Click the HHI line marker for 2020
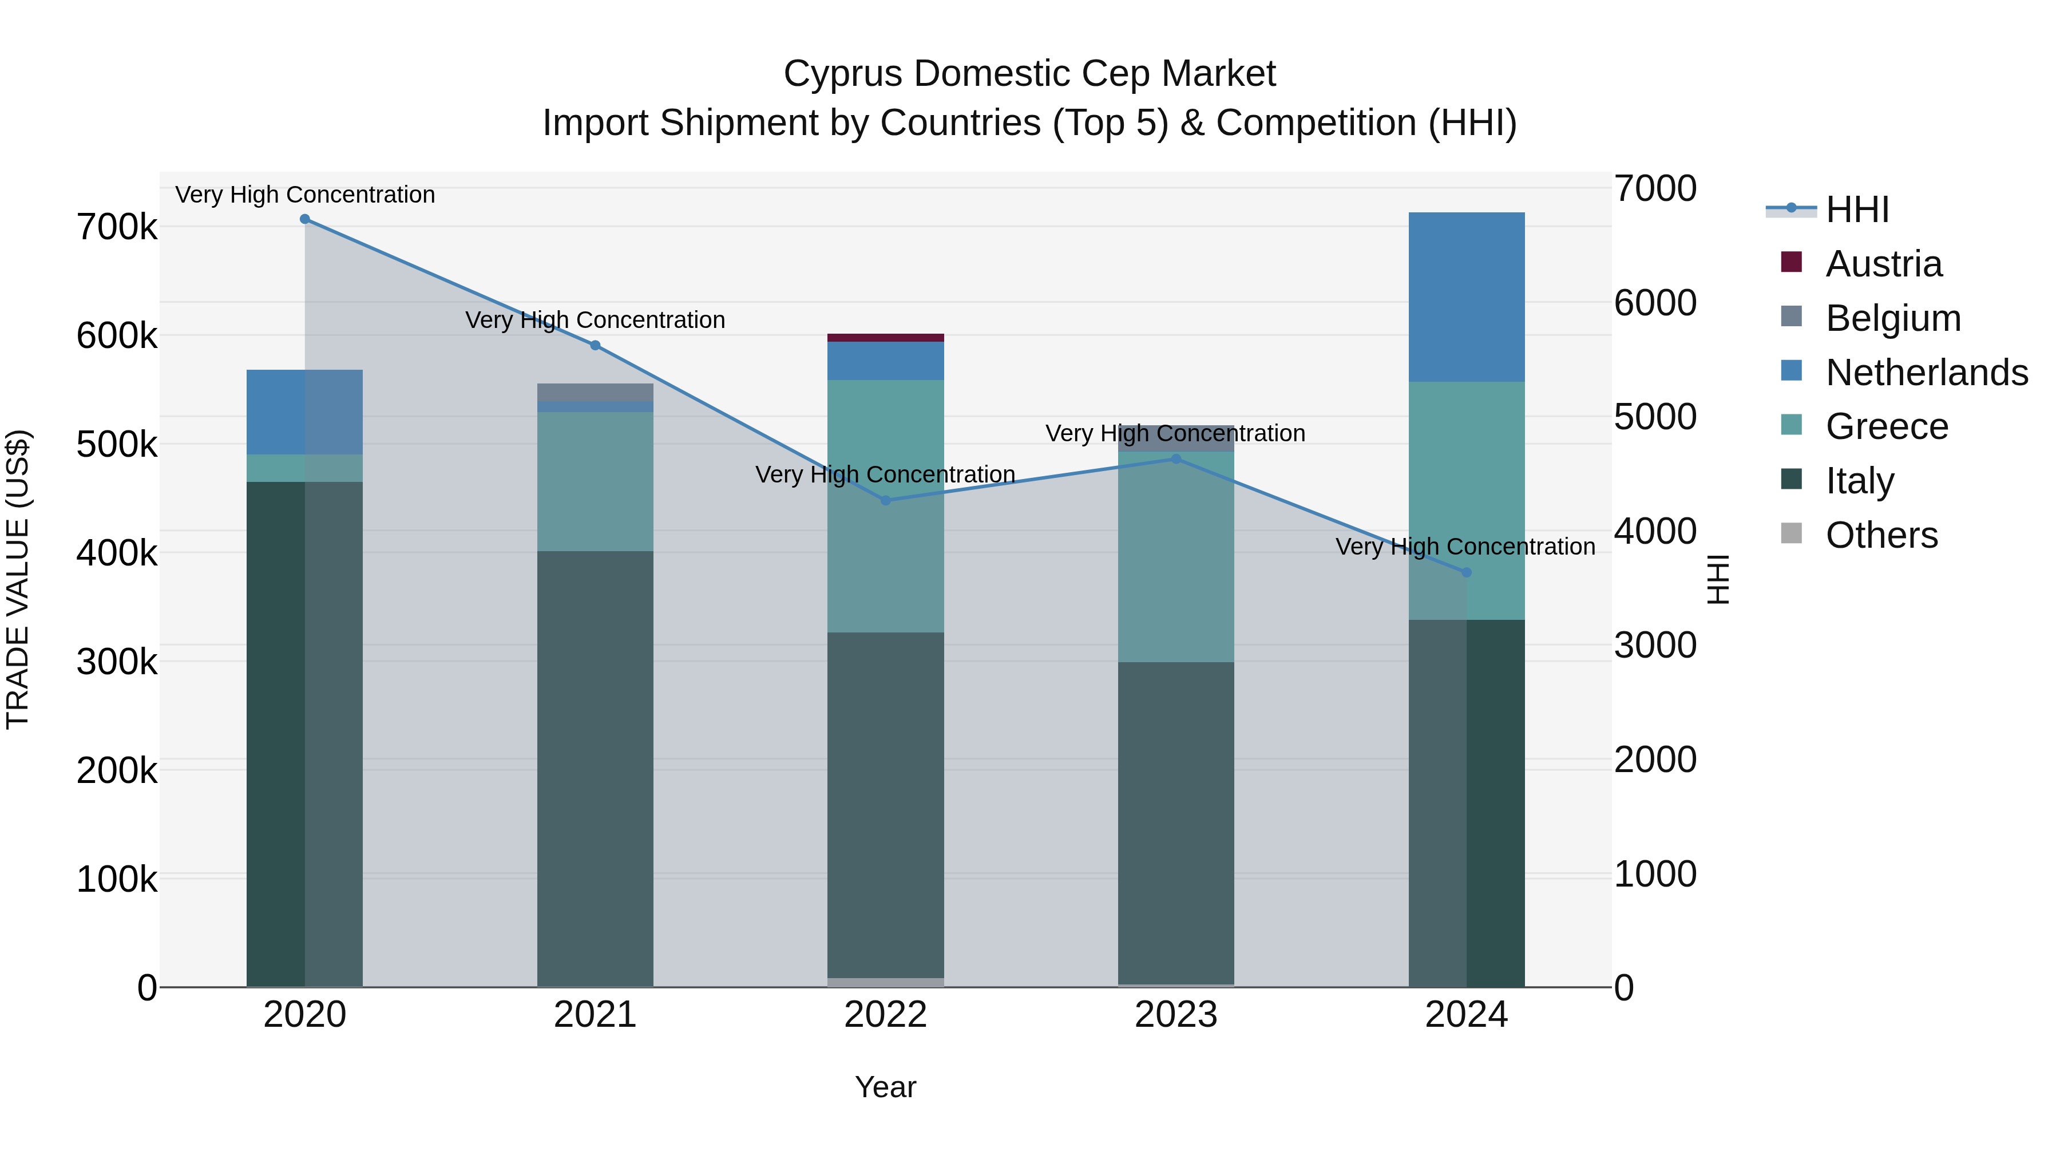click(x=304, y=219)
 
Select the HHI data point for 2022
click(x=885, y=501)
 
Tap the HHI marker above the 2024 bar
click(x=1467, y=573)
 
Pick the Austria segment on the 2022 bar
click(x=885, y=338)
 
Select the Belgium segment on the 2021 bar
click(x=595, y=392)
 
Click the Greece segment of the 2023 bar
click(x=1175, y=560)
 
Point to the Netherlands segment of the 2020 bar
click(x=304, y=412)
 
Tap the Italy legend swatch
click(x=1791, y=480)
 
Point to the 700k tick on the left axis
click(x=117, y=227)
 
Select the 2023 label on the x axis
click(x=1175, y=1015)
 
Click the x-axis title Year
click(x=885, y=1087)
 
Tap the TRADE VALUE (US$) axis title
click(x=18, y=579)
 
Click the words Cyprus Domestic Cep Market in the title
click(x=1029, y=74)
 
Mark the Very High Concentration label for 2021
click(x=595, y=320)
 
